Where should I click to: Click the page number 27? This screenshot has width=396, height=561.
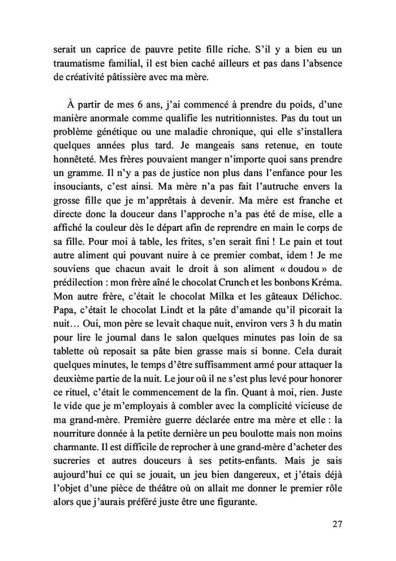[x=338, y=523]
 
